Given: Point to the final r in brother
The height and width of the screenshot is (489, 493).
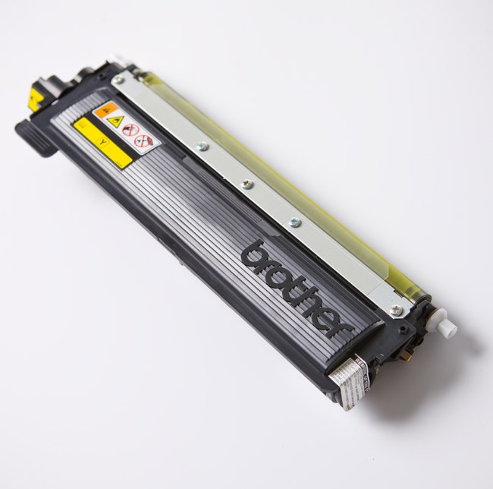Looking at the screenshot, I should pyautogui.click(x=341, y=327).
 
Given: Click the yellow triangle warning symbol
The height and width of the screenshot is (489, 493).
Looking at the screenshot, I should pyautogui.click(x=115, y=121).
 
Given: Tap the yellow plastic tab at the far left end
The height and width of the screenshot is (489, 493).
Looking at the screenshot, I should pyautogui.click(x=31, y=98).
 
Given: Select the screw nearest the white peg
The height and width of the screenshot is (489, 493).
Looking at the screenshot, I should pyautogui.click(x=394, y=308).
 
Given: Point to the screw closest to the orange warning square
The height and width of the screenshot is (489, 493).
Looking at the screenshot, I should pyautogui.click(x=116, y=78).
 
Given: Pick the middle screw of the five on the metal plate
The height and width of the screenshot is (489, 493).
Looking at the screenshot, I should pyautogui.click(x=244, y=184).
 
